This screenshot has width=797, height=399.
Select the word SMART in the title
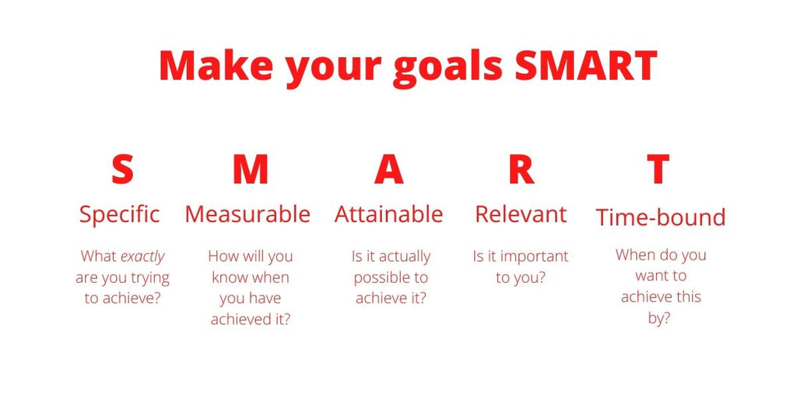pyautogui.click(x=585, y=65)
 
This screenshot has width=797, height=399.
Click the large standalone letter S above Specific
pyautogui.click(x=121, y=169)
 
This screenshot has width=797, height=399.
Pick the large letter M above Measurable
pyautogui.click(x=250, y=169)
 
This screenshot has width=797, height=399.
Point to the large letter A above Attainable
pyautogui.click(x=388, y=169)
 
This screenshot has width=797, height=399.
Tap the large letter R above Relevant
pyautogui.click(x=521, y=169)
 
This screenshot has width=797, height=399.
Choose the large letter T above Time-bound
pyautogui.click(x=658, y=169)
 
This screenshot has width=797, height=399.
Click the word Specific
pyautogui.click(x=120, y=214)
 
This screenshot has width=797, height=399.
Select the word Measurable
pyautogui.click(x=248, y=214)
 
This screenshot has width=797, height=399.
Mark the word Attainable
pyautogui.click(x=388, y=214)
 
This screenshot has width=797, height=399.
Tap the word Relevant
pyautogui.click(x=521, y=214)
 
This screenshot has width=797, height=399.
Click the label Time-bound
pyautogui.click(x=660, y=217)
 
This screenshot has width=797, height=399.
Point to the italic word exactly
pyautogui.click(x=142, y=256)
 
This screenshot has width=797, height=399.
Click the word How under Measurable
pyautogui.click(x=223, y=256)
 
